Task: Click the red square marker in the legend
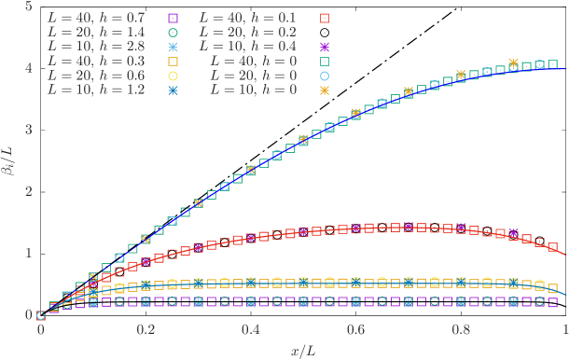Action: [x=325, y=18]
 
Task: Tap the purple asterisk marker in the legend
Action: [x=325, y=47]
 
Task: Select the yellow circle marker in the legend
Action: [x=173, y=76]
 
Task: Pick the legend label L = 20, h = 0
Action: [x=254, y=76]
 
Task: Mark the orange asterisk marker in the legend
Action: [x=325, y=90]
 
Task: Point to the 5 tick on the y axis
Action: [x=31, y=7]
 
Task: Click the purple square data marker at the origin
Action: [x=41, y=316]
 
